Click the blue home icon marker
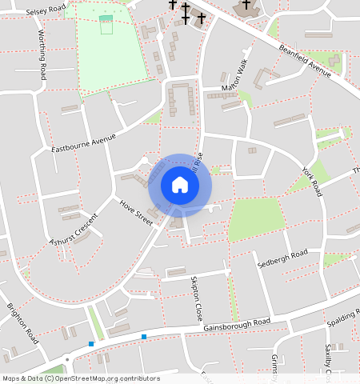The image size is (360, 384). pos(180,186)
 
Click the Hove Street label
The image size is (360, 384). pos(135,212)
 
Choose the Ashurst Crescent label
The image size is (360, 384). pos(73,230)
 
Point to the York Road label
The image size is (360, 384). pos(312,182)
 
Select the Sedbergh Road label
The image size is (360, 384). pos(282,259)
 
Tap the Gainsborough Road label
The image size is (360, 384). pos(237,323)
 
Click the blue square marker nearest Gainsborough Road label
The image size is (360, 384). pos(144,336)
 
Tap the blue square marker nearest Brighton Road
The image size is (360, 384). pos(91,344)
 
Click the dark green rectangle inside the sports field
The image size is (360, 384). pos(106,18)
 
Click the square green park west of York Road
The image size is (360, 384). pos(256,218)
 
